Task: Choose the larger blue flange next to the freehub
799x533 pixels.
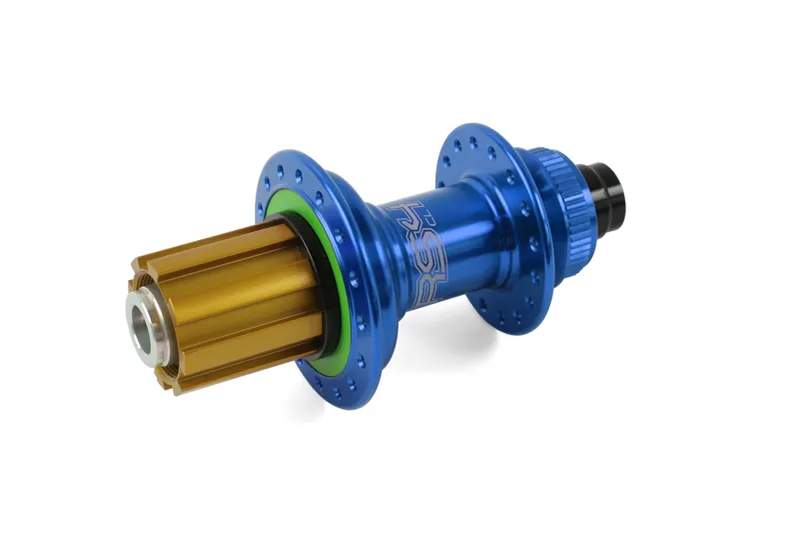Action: (x=330, y=270)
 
